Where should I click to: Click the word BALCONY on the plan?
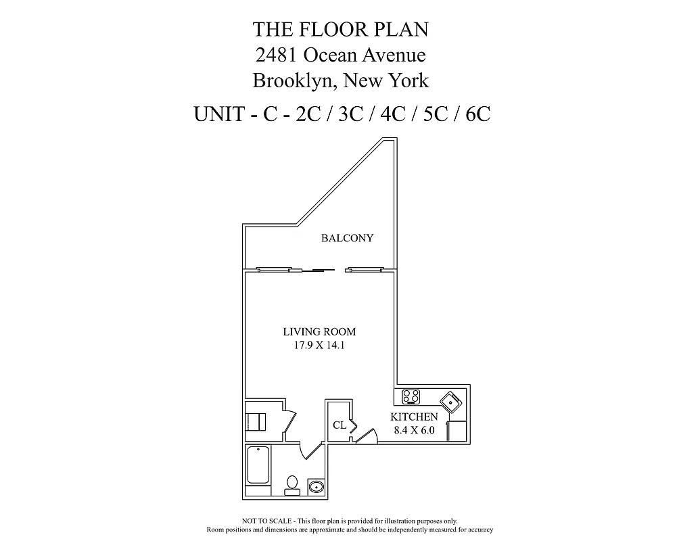(x=347, y=238)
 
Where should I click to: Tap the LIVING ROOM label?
(x=319, y=332)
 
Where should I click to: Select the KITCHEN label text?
(x=415, y=417)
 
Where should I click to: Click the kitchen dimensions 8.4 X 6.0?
(x=415, y=429)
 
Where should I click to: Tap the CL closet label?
(x=340, y=425)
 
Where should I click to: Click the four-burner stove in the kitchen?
(x=411, y=397)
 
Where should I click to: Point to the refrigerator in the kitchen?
(x=457, y=430)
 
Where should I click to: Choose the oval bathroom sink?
(x=315, y=486)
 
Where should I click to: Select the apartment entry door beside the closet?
(x=366, y=438)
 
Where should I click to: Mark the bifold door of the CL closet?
(x=352, y=425)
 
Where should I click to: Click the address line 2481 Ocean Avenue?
(x=340, y=55)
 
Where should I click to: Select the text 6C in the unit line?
(x=477, y=114)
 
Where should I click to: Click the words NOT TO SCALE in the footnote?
(x=266, y=521)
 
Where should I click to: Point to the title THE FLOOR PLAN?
(x=340, y=29)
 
